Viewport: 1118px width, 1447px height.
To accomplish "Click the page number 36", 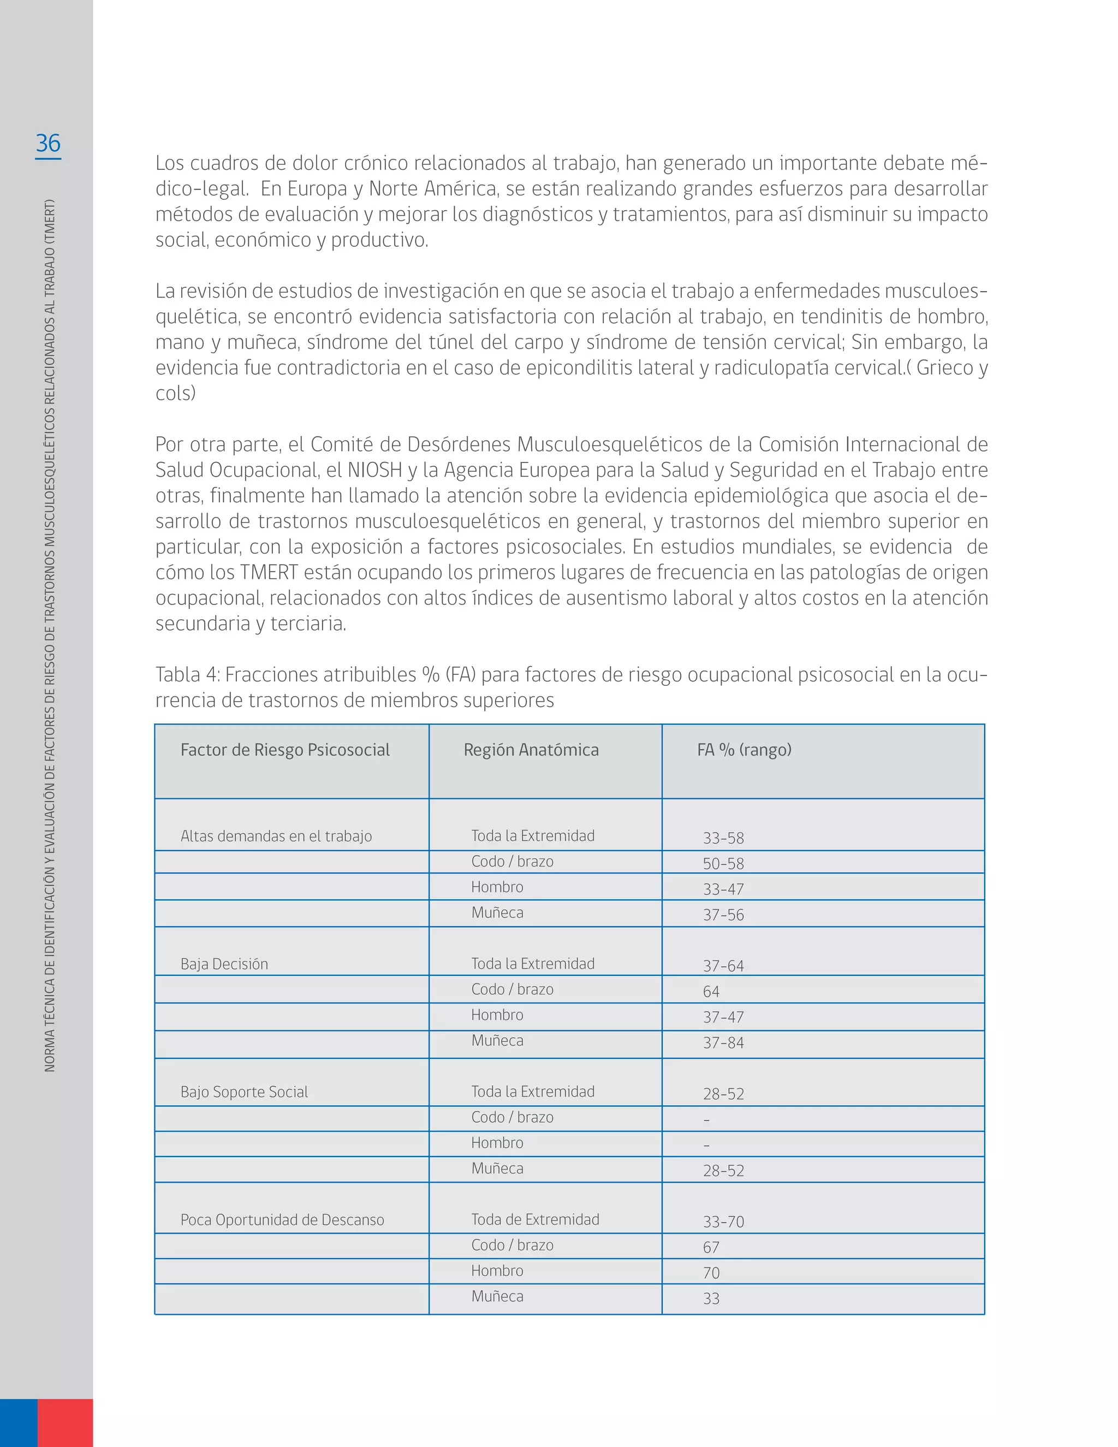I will click(x=47, y=143).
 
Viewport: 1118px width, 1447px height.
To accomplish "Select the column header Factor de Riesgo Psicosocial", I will click(x=285, y=750).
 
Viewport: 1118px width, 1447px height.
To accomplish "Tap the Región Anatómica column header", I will click(x=531, y=750).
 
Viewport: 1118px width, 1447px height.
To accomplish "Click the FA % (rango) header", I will click(x=744, y=750).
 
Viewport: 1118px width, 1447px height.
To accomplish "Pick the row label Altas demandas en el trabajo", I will click(x=276, y=836).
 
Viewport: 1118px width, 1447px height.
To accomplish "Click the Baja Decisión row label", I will click(x=224, y=964).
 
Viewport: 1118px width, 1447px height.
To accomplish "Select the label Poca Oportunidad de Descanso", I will click(x=282, y=1220).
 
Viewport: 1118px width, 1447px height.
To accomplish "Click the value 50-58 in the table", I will click(x=723, y=864).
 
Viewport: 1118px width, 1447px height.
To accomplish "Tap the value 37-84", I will click(x=723, y=1043).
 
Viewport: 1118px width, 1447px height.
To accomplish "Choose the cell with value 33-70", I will click(x=723, y=1221).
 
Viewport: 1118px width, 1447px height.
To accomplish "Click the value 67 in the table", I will click(x=711, y=1248).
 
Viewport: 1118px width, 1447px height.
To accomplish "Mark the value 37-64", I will click(x=723, y=966).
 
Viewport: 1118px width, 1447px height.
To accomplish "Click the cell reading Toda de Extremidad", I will click(x=535, y=1220).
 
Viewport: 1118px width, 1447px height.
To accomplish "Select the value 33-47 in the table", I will click(x=723, y=889).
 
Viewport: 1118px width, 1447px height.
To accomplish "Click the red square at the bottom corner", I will click(x=65, y=1422).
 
